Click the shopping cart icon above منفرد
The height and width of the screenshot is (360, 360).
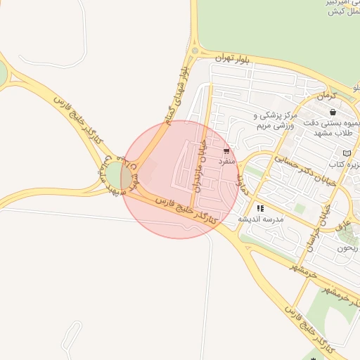pos(226,151)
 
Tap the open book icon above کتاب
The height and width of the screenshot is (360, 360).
pos(346,153)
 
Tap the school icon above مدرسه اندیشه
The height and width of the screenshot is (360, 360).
pos(260,208)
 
